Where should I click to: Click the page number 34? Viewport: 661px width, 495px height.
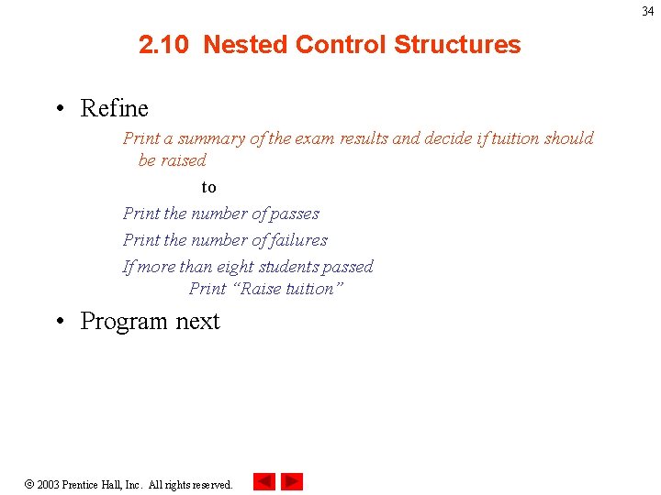click(647, 12)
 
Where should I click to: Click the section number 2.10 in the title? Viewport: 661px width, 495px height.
click(165, 45)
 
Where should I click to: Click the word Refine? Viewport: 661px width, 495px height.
click(114, 109)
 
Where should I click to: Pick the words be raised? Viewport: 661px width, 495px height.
click(172, 160)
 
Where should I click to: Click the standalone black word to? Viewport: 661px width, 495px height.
click(209, 187)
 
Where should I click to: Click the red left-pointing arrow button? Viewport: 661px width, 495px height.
click(264, 481)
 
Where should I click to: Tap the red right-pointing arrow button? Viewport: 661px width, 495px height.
click(292, 481)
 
